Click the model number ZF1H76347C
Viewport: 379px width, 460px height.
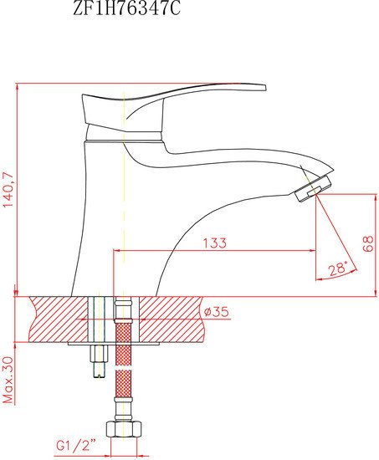[x=126, y=8]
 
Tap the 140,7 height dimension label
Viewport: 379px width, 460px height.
[x=8, y=190]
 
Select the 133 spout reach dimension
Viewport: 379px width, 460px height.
[x=215, y=243]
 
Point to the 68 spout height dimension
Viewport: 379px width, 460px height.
[x=367, y=243]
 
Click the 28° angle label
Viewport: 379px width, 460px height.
[x=338, y=268]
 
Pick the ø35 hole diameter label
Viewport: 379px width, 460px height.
[x=216, y=312]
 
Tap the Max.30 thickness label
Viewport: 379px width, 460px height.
[x=8, y=380]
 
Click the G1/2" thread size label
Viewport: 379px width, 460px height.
[x=76, y=446]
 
